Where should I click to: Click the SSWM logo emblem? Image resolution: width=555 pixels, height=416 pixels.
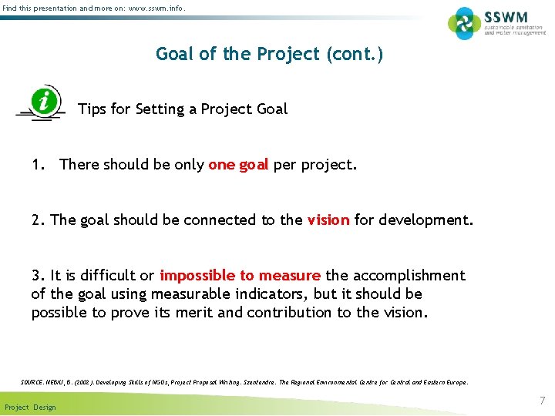tap(464, 23)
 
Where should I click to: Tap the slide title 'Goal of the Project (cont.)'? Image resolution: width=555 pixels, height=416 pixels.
tap(269, 54)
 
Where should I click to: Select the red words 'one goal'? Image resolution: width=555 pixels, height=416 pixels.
tap(238, 164)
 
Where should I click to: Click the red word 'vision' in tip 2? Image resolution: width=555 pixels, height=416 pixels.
tap(328, 220)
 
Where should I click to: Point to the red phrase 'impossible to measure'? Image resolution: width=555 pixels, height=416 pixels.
tap(240, 275)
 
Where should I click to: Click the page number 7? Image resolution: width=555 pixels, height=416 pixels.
tap(542, 401)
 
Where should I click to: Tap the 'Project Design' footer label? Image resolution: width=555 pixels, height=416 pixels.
tap(30, 407)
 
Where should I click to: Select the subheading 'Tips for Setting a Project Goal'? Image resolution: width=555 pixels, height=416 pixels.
tap(183, 109)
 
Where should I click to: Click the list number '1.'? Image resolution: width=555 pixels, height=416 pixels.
tap(39, 164)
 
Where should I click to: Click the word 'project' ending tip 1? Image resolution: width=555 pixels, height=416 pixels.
tap(329, 164)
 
